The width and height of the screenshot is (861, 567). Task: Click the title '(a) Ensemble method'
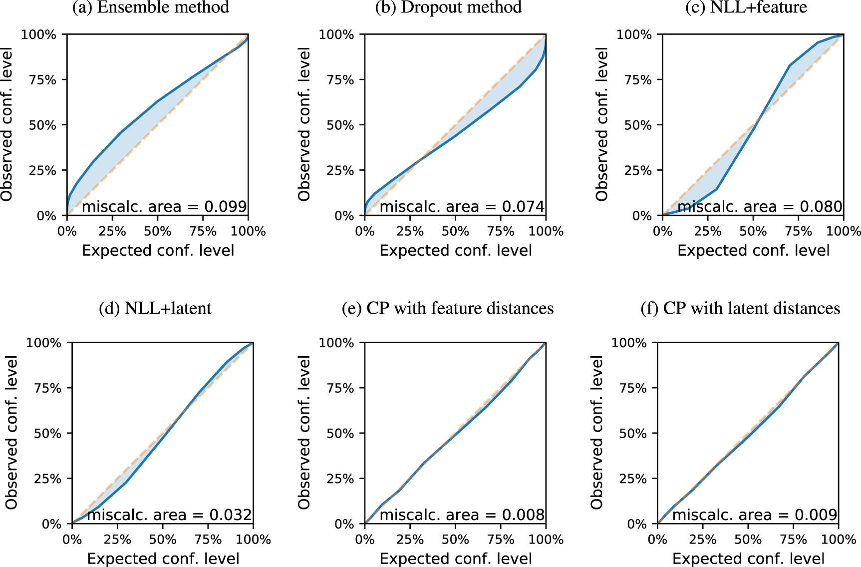[150, 7]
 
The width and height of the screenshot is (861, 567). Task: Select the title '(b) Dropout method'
[448, 7]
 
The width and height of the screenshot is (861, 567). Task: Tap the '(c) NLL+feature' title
[746, 7]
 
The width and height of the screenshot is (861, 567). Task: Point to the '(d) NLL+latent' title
[155, 308]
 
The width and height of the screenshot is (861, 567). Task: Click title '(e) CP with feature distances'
[448, 308]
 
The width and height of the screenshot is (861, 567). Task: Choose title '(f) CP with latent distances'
[740, 308]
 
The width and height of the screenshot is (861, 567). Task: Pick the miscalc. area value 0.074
[523, 206]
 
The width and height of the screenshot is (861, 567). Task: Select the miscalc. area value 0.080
[821, 206]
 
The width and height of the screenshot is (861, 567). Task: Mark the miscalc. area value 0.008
[523, 515]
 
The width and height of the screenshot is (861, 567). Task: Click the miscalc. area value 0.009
[816, 515]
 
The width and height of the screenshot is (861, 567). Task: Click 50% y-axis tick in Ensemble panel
[42, 125]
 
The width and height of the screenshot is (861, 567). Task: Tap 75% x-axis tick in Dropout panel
[501, 231]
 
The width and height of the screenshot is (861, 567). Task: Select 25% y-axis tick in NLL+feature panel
[638, 171]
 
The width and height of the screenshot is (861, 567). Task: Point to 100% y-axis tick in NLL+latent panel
[43, 343]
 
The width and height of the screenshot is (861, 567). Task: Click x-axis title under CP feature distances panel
[456, 559]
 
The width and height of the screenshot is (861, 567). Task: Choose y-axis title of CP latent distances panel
[597, 433]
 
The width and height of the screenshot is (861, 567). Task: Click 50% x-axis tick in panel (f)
[748, 540]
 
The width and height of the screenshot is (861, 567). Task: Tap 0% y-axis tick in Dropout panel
[344, 216]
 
